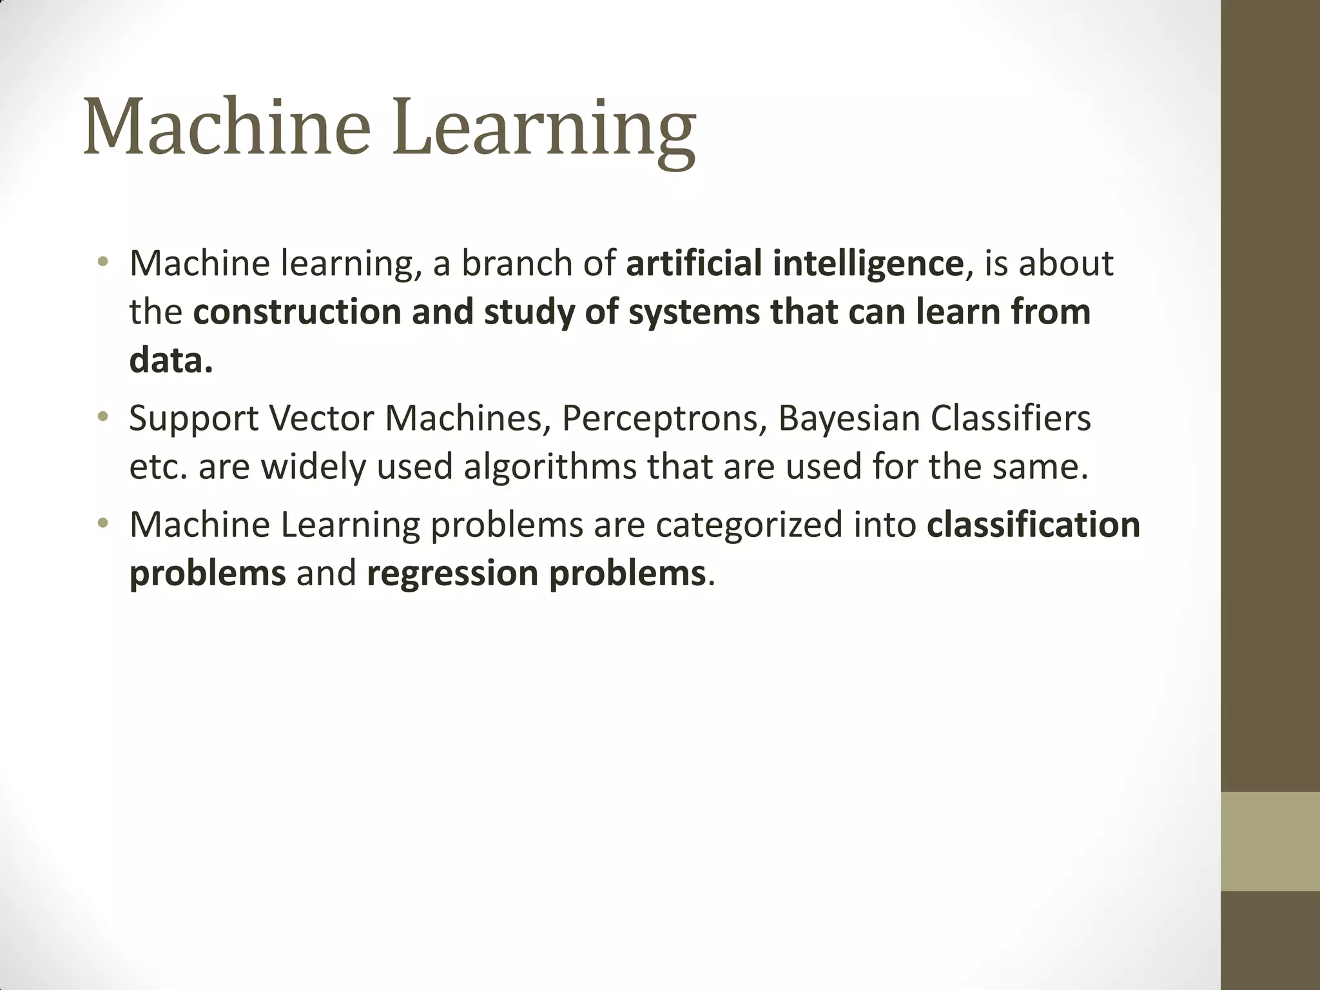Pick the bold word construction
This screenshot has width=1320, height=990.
pos(297,312)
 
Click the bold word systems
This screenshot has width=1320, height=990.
pos(694,313)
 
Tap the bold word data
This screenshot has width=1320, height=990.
pos(170,360)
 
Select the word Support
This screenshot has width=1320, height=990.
pos(193,420)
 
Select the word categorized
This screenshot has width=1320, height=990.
pos(749,526)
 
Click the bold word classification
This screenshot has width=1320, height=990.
pos(1033,525)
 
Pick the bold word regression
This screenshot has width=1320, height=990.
pos(452,574)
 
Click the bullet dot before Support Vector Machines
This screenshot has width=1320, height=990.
pos(102,418)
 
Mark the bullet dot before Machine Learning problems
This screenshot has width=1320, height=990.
pos(102,524)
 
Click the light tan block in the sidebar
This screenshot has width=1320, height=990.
pos(1270,841)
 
